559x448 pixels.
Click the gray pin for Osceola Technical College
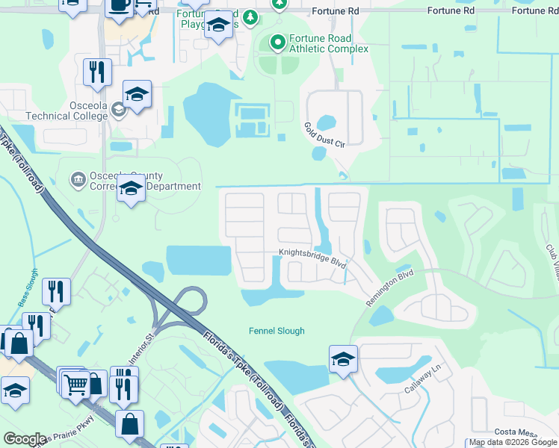pyautogui.click(x=117, y=111)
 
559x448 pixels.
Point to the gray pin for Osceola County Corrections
pyautogui.click(x=77, y=179)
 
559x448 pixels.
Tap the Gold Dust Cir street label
pyautogui.click(x=323, y=134)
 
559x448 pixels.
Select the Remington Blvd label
pyautogui.click(x=389, y=286)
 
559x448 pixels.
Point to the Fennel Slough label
pyautogui.click(x=277, y=331)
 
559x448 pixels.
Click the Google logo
pyautogui.click(x=25, y=438)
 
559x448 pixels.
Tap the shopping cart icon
pyautogui.click(x=75, y=384)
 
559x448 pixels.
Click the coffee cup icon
pyautogui.click(x=119, y=7)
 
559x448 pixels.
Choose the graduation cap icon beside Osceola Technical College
pyautogui.click(x=138, y=95)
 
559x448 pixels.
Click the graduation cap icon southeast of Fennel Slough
pyautogui.click(x=343, y=359)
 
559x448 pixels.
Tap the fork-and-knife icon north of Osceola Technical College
pyautogui.click(x=97, y=72)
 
